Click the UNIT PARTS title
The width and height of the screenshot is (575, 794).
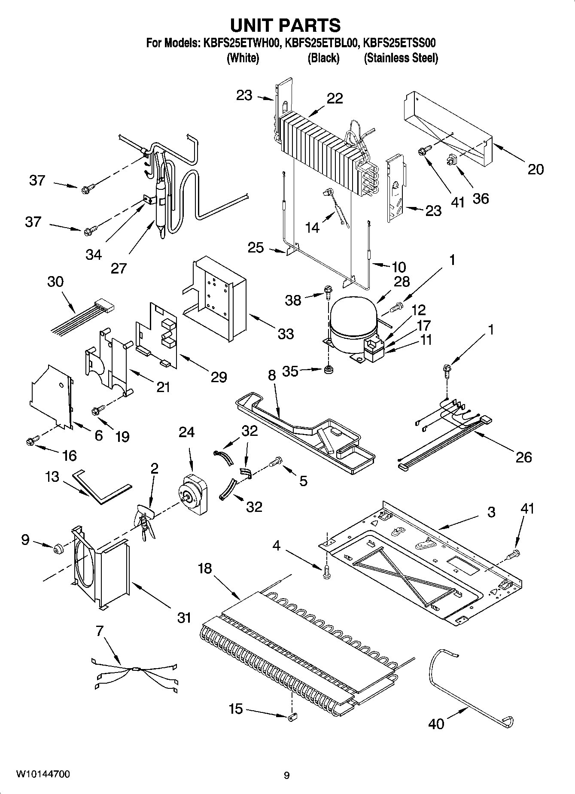click(x=285, y=25)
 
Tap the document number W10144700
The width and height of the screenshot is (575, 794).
click(x=43, y=774)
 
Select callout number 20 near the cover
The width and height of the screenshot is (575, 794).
click(x=535, y=169)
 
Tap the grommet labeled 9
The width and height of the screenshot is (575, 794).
click(x=58, y=549)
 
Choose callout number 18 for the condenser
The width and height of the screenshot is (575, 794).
click(x=205, y=568)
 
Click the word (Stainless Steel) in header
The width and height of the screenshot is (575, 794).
click(x=401, y=58)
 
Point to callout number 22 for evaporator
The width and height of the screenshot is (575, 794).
click(x=335, y=98)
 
